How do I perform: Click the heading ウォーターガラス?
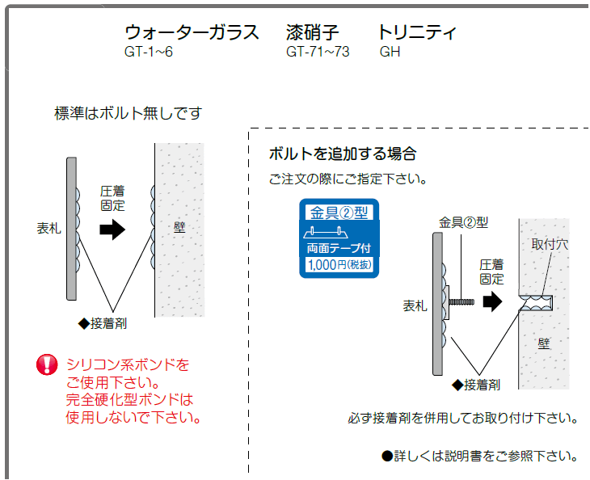click(x=192, y=32)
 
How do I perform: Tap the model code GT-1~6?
click(x=149, y=52)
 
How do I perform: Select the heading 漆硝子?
click(x=312, y=32)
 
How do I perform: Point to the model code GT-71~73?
click(x=318, y=52)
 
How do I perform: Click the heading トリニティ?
click(x=417, y=32)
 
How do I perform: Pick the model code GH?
click(x=390, y=52)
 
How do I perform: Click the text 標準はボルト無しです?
click(x=129, y=113)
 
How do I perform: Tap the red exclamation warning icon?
click(x=47, y=364)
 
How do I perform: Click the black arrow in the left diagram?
click(x=112, y=229)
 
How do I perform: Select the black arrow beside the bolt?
click(x=492, y=301)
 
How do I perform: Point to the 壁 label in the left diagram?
click(x=179, y=227)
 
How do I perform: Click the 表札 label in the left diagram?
click(x=49, y=228)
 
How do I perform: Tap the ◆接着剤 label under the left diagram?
click(x=103, y=323)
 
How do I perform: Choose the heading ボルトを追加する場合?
click(x=343, y=154)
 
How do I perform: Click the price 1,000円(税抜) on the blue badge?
click(x=339, y=265)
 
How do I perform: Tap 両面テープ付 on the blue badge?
click(x=339, y=248)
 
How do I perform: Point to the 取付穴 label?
click(x=550, y=244)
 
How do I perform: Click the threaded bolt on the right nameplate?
click(x=461, y=301)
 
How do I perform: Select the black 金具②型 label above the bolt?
click(x=464, y=222)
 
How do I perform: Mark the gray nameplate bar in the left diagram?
click(x=71, y=229)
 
